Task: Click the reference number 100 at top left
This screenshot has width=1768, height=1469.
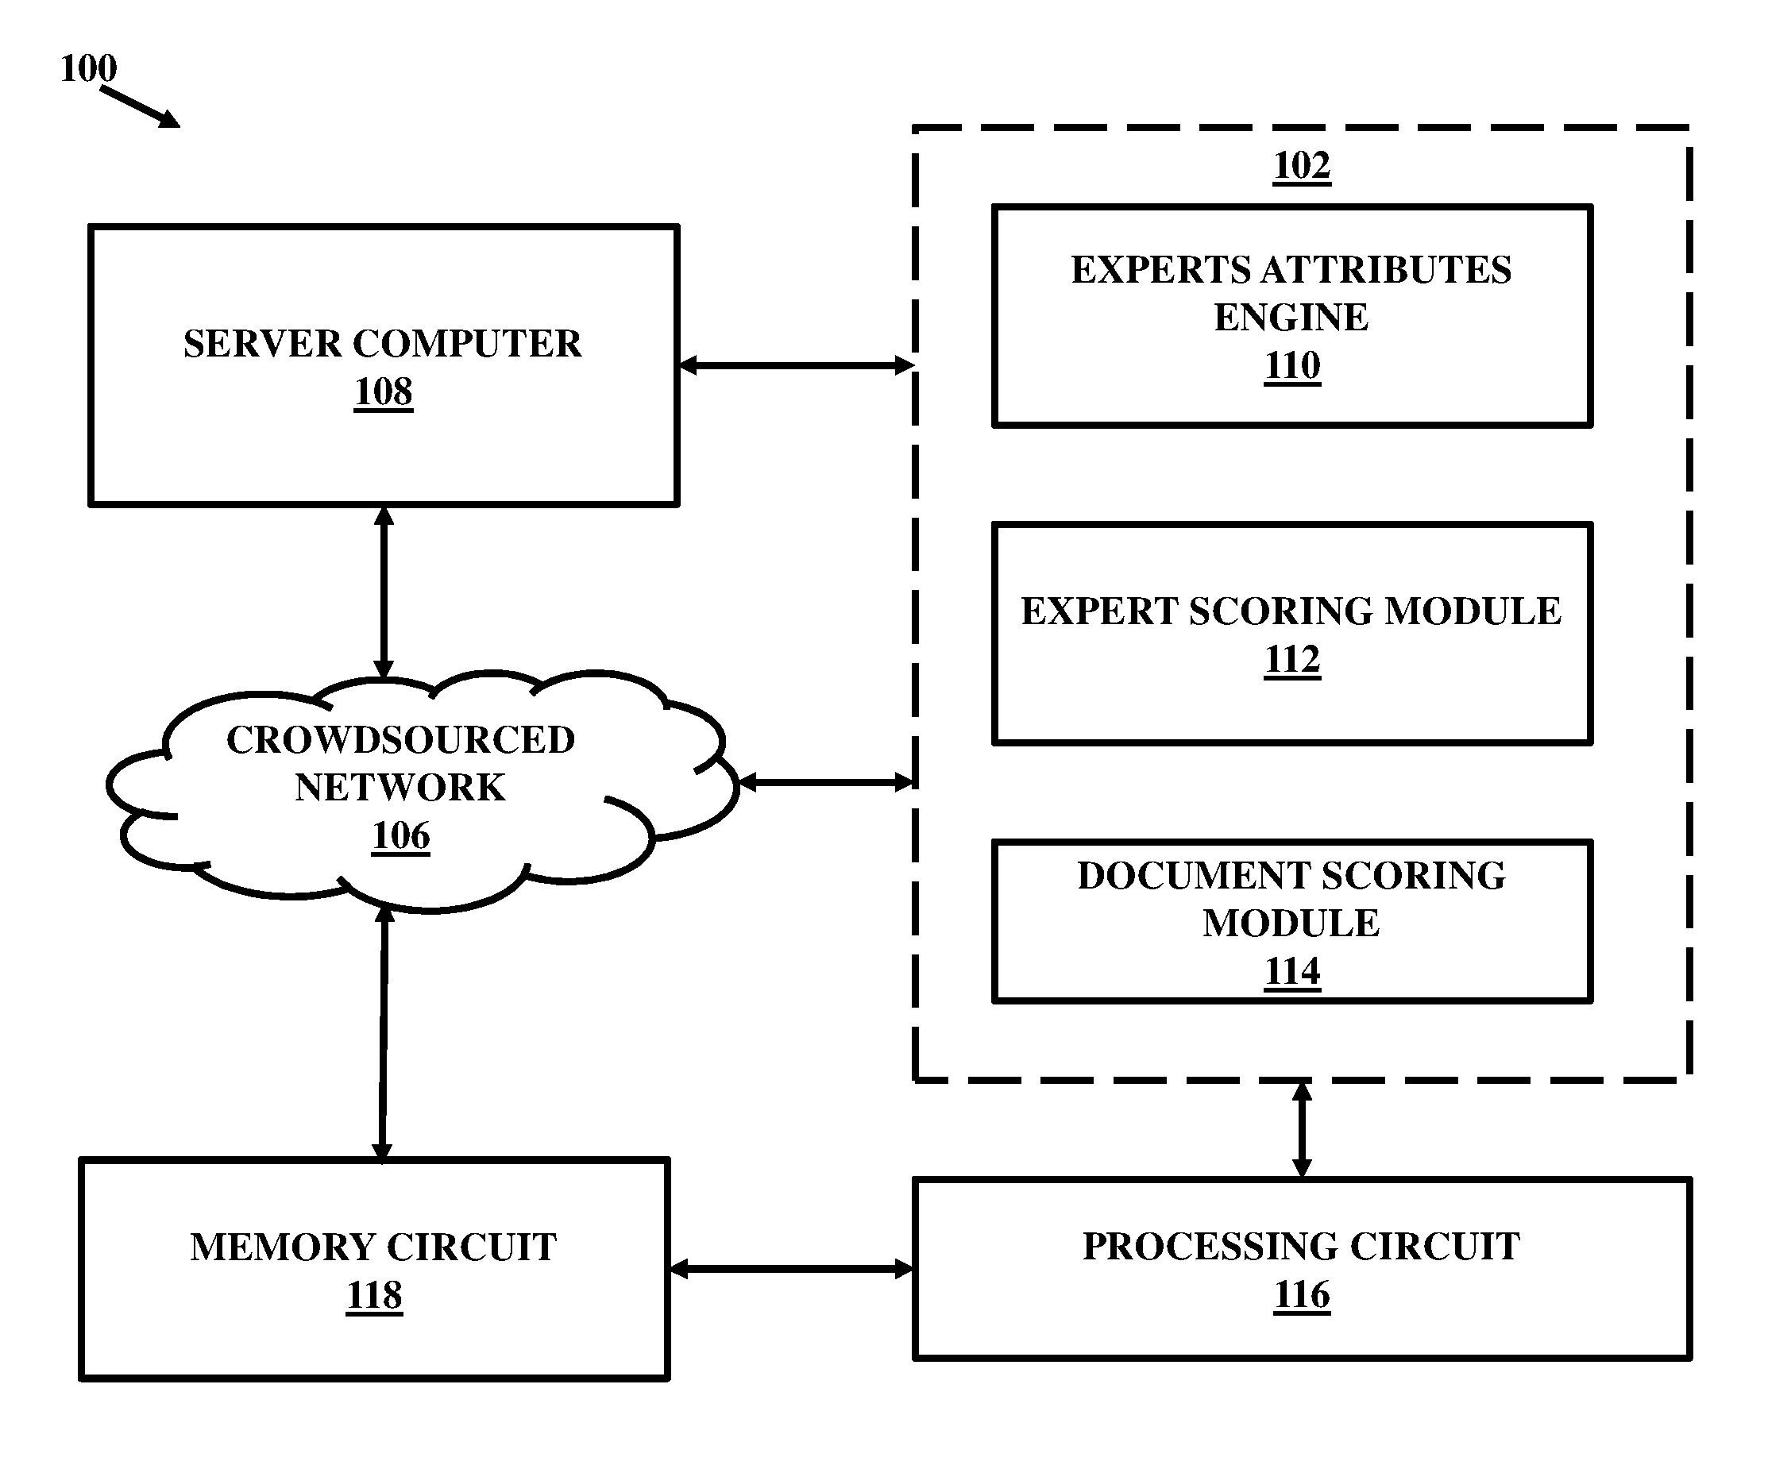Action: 88,68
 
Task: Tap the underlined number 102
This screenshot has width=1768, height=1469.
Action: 1302,165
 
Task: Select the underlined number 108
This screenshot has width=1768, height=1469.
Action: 383,391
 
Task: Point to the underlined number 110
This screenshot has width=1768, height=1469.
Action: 1292,365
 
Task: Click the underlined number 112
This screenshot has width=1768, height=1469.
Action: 1292,659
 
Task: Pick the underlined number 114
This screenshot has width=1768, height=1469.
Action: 1292,971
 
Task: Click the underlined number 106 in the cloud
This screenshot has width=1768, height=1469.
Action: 401,836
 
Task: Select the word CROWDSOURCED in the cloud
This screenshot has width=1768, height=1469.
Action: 401,740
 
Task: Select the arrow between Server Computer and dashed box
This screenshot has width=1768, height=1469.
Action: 797,365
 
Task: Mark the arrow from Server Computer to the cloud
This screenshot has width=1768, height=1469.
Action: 384,592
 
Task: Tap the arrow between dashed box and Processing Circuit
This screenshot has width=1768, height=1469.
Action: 1302,1130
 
